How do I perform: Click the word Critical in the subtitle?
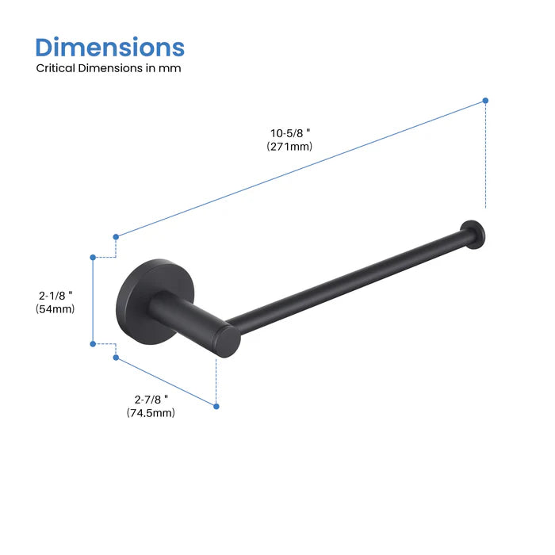pos(55,68)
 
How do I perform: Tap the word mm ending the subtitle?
pos(173,68)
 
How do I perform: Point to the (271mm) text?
pos(289,147)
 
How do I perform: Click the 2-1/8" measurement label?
pos(56,295)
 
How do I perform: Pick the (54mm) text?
pos(55,309)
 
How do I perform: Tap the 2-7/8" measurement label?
pos(151,398)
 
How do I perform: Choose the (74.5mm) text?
pos(151,412)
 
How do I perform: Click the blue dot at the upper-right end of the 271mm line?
pos(485,101)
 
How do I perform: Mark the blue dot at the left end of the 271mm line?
pos(116,236)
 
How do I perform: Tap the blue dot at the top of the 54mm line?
pos(93,257)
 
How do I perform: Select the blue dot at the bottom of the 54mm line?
pos(93,343)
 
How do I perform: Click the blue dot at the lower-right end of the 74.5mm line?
pos(216,406)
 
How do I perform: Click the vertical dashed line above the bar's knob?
pos(485,159)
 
